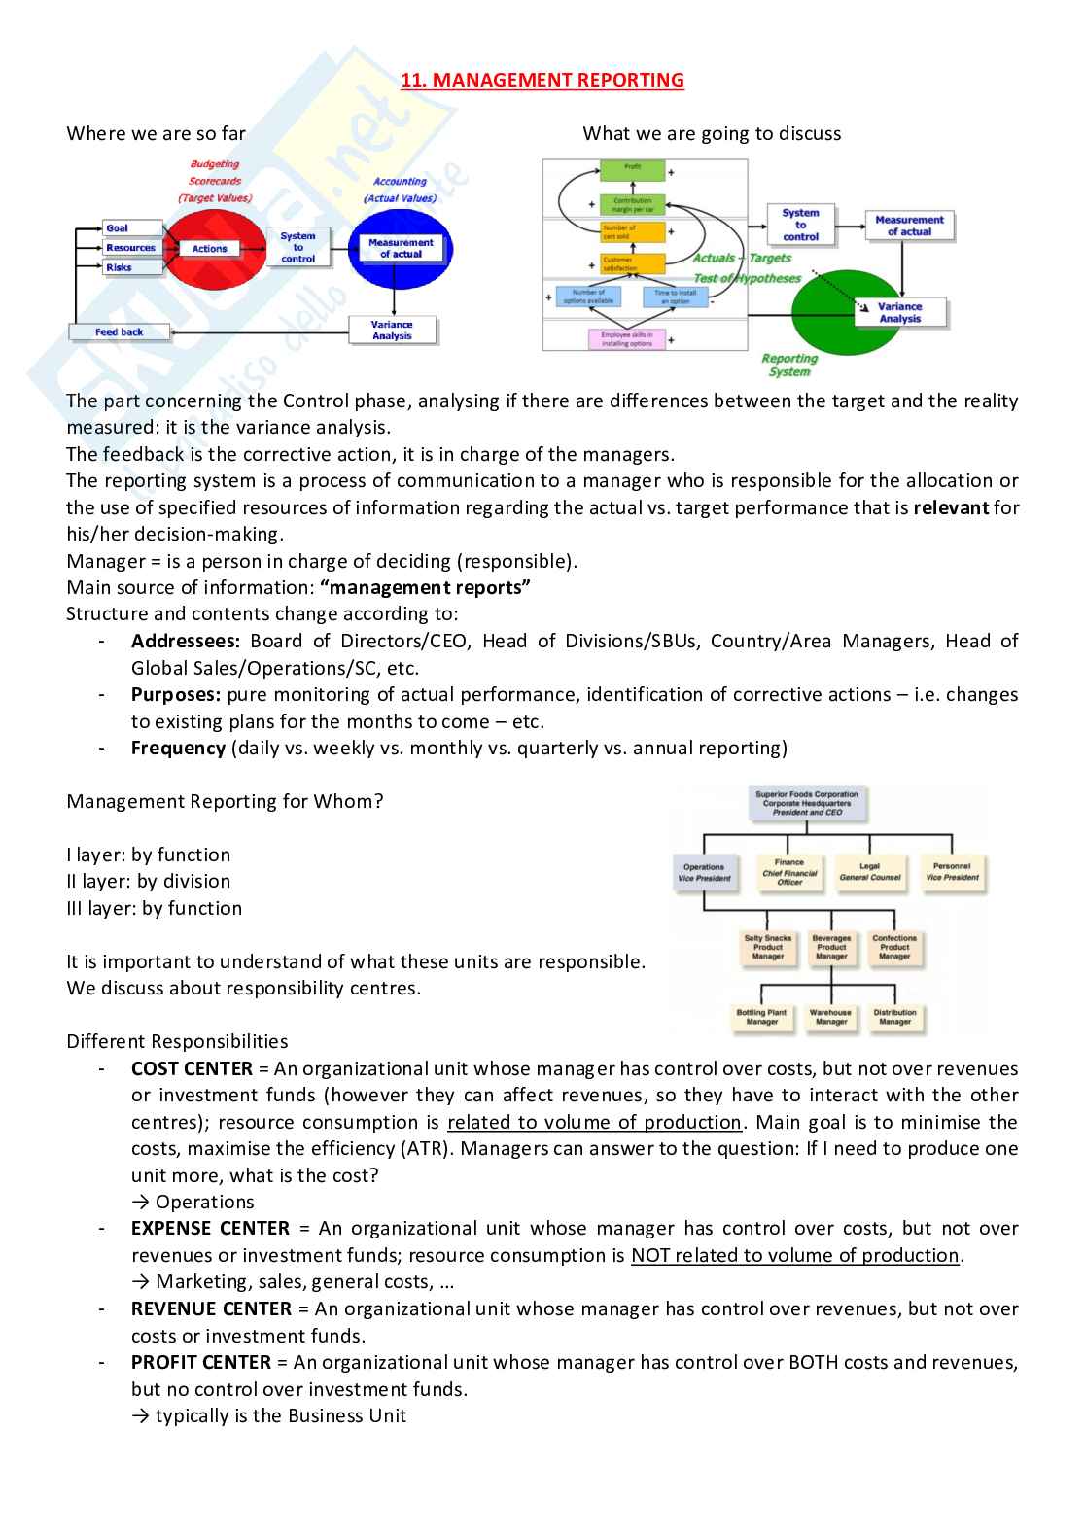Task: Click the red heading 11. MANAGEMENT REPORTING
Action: [x=542, y=80]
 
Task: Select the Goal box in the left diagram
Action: [x=119, y=228]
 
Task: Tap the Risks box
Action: [x=120, y=267]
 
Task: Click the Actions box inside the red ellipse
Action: [x=209, y=249]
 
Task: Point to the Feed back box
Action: [x=119, y=332]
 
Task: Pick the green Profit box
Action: [x=632, y=169]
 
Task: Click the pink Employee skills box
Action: [x=627, y=339]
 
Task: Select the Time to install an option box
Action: [x=675, y=297]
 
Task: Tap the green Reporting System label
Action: [x=788, y=365]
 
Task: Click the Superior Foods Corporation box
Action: [x=806, y=803]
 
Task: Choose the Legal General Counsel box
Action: [x=869, y=871]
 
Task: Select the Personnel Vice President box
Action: [x=952, y=871]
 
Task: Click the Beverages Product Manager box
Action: [x=831, y=947]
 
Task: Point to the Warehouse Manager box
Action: [x=830, y=1017]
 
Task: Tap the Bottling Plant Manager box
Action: [x=761, y=1017]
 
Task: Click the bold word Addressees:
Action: [x=186, y=641]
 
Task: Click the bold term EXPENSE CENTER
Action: [x=210, y=1229]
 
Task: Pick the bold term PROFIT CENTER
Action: [x=201, y=1362]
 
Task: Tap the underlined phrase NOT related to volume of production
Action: [x=794, y=1255]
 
